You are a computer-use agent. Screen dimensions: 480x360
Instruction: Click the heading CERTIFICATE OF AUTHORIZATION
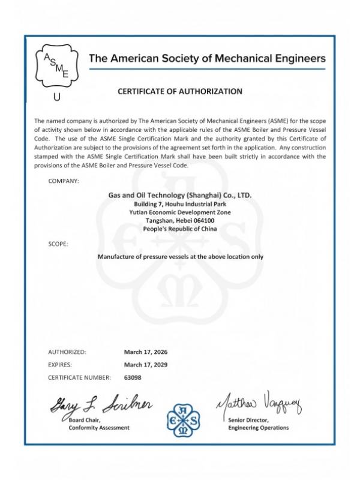tap(179, 92)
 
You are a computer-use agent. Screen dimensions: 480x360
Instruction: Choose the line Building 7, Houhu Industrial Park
tap(179, 204)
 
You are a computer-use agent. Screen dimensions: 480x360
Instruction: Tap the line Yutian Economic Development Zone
tap(179, 212)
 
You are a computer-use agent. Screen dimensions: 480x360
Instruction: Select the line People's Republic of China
tap(179, 229)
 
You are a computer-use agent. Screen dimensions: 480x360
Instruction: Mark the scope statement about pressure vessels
tap(180, 256)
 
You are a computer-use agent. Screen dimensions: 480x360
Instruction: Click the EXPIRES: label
tap(59, 364)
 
